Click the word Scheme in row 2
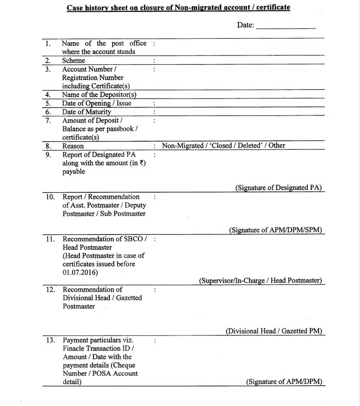point(73,60)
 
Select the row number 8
point(48,146)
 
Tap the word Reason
point(73,146)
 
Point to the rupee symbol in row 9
point(142,163)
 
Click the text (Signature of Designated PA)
point(279,188)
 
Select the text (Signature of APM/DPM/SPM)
point(275,230)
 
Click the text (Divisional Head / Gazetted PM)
point(274,331)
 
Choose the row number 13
point(50,340)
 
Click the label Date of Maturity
point(86,112)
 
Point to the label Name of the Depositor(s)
point(99,95)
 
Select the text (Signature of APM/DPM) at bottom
point(284,382)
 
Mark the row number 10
point(50,197)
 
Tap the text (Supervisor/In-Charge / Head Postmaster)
point(261,280)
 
